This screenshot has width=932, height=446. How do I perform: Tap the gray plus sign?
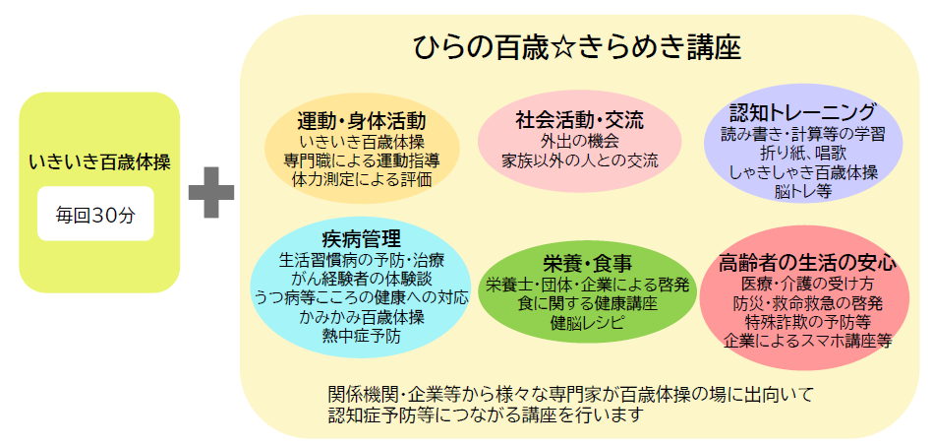[211, 192]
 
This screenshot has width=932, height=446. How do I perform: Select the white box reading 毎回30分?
[95, 215]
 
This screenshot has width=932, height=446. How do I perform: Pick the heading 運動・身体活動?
[362, 121]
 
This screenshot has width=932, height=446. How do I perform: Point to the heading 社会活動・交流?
[580, 121]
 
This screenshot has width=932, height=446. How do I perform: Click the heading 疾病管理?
[362, 239]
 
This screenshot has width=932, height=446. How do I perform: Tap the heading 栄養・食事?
[587, 263]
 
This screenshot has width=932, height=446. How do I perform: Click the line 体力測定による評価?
[362, 179]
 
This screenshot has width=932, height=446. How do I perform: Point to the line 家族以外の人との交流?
[580, 159]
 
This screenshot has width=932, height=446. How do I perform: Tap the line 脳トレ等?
[803, 192]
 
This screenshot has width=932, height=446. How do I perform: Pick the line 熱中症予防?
[362, 336]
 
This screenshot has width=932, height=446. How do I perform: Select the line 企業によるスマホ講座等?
[807, 341]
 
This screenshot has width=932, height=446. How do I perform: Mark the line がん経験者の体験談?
[362, 279]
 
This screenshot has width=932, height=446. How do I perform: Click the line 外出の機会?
[580, 141]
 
